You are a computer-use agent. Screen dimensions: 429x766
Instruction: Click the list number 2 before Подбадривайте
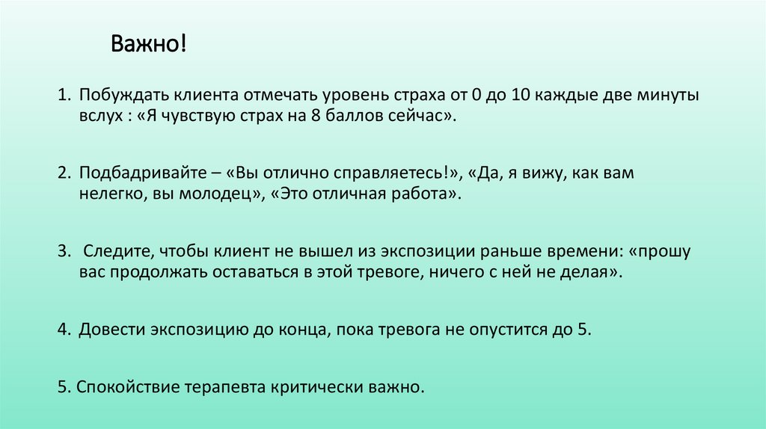click(64, 174)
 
